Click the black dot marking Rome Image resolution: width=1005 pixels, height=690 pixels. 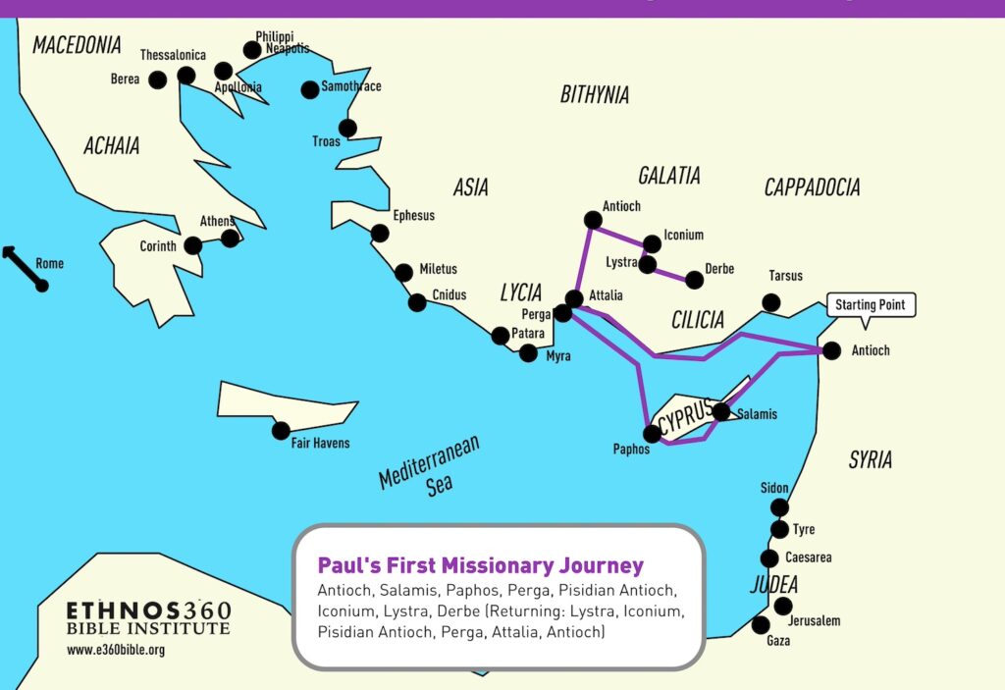click(x=42, y=285)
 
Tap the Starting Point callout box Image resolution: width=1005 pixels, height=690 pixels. click(x=870, y=305)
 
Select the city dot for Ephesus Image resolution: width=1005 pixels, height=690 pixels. click(x=380, y=234)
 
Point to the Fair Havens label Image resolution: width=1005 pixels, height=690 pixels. click(x=321, y=444)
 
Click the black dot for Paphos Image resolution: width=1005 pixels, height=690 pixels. click(x=653, y=433)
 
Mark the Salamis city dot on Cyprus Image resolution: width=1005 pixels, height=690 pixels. click(x=721, y=412)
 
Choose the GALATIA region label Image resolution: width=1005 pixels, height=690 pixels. click(x=669, y=176)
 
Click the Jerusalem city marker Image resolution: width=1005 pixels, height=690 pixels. click(x=783, y=606)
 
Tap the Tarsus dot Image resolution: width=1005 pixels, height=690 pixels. click(x=772, y=302)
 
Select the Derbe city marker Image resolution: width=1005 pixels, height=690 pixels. click(x=694, y=280)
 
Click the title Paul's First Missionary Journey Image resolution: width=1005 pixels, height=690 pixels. click(x=481, y=565)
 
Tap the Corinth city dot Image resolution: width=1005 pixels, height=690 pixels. click(x=193, y=245)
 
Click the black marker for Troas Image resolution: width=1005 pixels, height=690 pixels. click(x=347, y=128)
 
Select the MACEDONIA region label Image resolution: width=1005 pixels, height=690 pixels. click(x=77, y=45)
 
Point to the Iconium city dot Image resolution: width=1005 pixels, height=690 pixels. click(x=652, y=242)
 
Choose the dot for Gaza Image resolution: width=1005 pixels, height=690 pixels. click(x=761, y=624)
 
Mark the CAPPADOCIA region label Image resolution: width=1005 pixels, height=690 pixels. click(x=812, y=187)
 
